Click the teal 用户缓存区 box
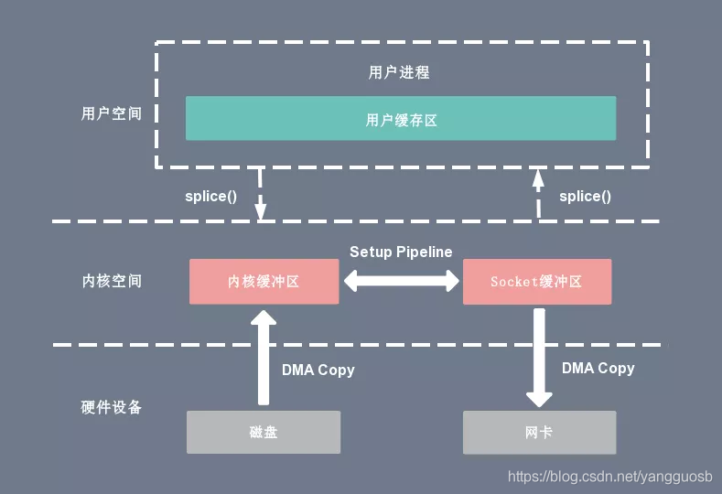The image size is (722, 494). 401,118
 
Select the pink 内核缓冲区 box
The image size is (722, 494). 264,281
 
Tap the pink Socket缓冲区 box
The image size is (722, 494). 537,281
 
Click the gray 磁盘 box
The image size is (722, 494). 264,433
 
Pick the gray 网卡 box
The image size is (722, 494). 539,433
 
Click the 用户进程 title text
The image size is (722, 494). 399,72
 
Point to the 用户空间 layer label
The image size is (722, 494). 112,113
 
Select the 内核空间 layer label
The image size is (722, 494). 112,281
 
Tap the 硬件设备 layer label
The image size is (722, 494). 111,407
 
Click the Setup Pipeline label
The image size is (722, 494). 401,252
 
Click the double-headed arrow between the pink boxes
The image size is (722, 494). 401,281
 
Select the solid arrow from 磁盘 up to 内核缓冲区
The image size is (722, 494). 264,358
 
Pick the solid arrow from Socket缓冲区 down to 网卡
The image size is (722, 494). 539,358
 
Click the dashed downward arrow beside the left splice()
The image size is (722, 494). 260,194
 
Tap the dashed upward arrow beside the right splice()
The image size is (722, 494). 538,194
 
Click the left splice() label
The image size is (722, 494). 210,197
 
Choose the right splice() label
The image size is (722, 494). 586,197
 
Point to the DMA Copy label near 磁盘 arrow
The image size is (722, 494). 318,370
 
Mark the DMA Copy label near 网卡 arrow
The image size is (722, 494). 598,369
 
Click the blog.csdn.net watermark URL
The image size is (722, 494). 610,477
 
